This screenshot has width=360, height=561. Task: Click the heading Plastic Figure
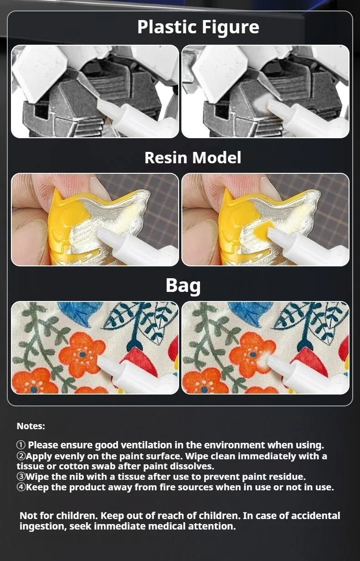click(x=198, y=27)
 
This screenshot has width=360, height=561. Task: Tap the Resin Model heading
click(x=193, y=157)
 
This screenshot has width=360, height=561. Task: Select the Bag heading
click(x=183, y=286)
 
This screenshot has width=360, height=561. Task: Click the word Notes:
click(x=31, y=426)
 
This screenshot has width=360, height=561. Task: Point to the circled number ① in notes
click(x=21, y=445)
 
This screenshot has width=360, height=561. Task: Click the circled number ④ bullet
click(x=21, y=487)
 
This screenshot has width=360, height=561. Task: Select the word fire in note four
click(x=167, y=487)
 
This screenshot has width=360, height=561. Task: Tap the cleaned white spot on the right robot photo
click(x=260, y=102)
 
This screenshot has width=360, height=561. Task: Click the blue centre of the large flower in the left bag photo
click(x=82, y=354)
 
